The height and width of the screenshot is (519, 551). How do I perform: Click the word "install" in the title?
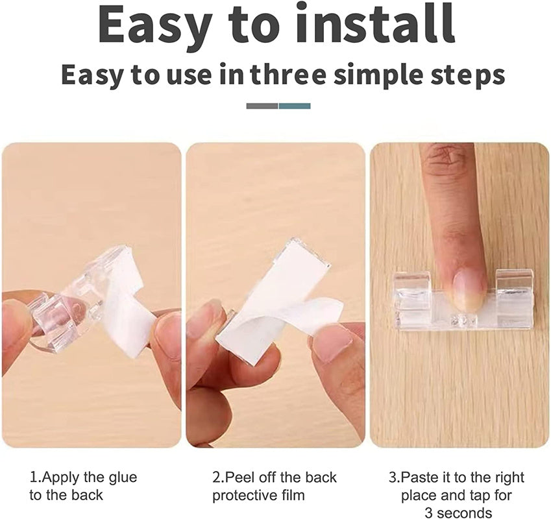375,24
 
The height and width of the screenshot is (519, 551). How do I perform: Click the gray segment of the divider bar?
262,106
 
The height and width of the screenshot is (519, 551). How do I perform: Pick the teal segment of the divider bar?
295,106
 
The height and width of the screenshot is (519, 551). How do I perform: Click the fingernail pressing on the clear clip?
469,291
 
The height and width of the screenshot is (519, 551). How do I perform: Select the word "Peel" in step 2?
239,477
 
